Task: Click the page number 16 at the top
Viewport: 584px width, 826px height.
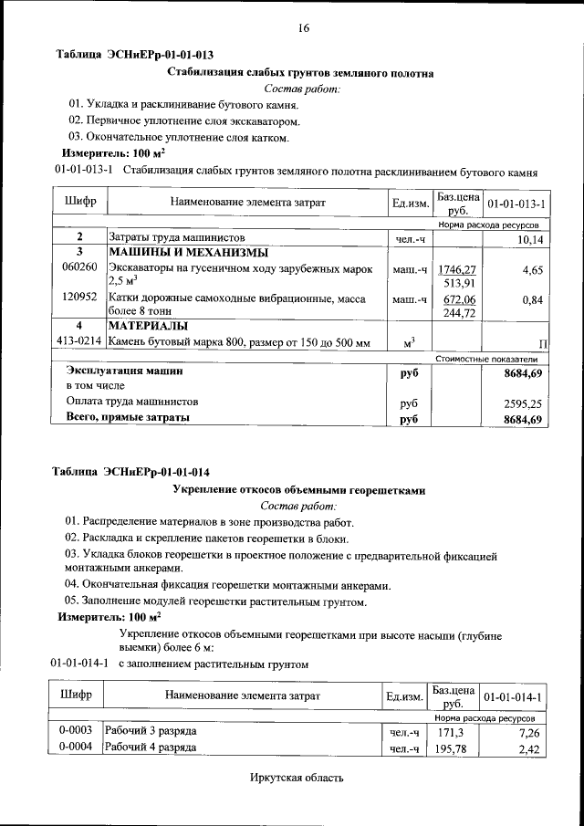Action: [303, 28]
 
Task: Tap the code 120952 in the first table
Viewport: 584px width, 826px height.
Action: [78, 298]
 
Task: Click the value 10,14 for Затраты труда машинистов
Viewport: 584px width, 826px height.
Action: [529, 239]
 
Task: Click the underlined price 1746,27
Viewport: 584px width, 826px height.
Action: [456, 270]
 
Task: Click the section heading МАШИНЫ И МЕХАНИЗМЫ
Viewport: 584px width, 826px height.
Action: [188, 252]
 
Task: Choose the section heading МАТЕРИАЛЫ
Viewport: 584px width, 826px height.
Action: [149, 326]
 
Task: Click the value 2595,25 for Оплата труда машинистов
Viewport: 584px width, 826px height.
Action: [523, 402]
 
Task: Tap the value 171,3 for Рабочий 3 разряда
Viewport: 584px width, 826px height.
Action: [452, 733]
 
